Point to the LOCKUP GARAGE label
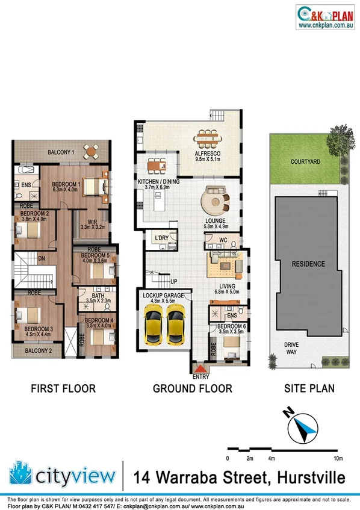pos(167,296)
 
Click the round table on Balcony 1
pos(90,151)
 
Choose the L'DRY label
pos(161,238)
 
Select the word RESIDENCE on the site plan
pos(308,264)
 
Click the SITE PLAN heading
pos(309,389)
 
